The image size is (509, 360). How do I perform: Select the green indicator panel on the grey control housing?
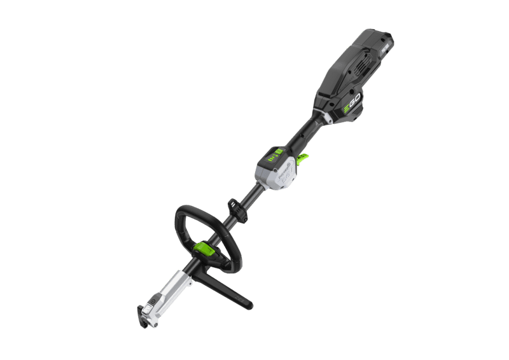[x=275, y=155]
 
